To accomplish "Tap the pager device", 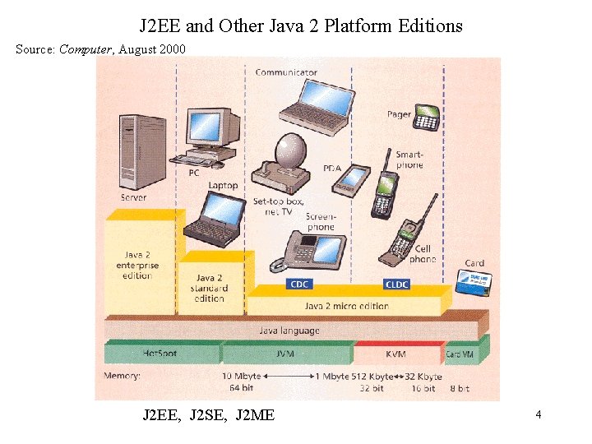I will point(426,118).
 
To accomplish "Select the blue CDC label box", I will point(299,284).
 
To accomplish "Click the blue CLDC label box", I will point(396,284).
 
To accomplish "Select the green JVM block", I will point(287,354).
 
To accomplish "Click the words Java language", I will point(289,331).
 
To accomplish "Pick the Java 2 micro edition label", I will point(346,306).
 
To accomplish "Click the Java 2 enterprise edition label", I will point(137,266).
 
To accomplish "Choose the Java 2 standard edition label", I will point(210,289).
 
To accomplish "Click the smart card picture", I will point(472,281).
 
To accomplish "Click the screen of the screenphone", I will point(328,249).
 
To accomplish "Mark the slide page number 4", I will point(538,415).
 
